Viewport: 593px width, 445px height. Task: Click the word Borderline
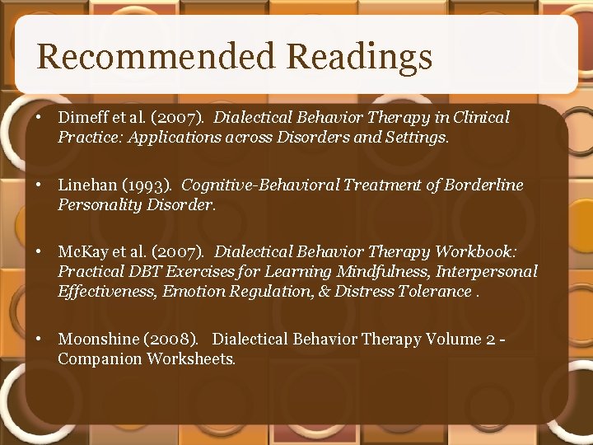click(x=483, y=185)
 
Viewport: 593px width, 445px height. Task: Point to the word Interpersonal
click(x=487, y=271)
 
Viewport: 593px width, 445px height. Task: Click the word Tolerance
click(x=434, y=290)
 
